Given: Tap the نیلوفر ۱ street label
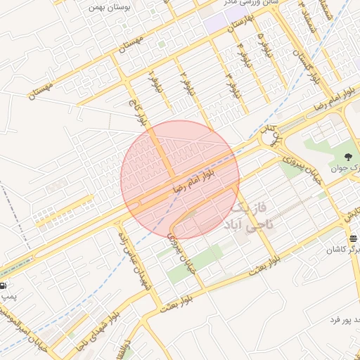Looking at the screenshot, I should [x=154, y=82].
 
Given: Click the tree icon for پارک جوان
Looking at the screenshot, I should [x=349, y=156].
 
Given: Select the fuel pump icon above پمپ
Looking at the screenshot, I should [x=4, y=285].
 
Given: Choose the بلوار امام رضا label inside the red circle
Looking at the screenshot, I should [x=204, y=176].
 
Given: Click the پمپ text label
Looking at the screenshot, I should [x=8, y=297].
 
